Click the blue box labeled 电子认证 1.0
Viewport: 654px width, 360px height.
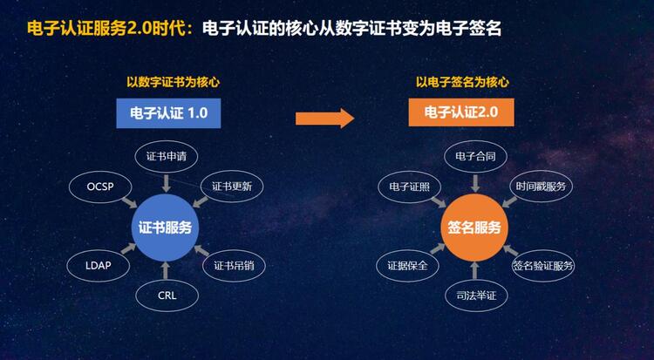click(168, 113)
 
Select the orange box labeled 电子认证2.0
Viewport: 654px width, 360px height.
click(461, 112)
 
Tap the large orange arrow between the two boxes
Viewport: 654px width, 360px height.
click(325, 119)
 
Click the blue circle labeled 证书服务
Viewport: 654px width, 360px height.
click(165, 228)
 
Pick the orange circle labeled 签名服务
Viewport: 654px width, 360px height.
click(474, 228)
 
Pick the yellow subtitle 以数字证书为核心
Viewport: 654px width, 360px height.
click(174, 82)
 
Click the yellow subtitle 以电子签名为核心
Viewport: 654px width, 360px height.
click(462, 82)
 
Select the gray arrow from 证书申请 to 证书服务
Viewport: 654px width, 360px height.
click(167, 184)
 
